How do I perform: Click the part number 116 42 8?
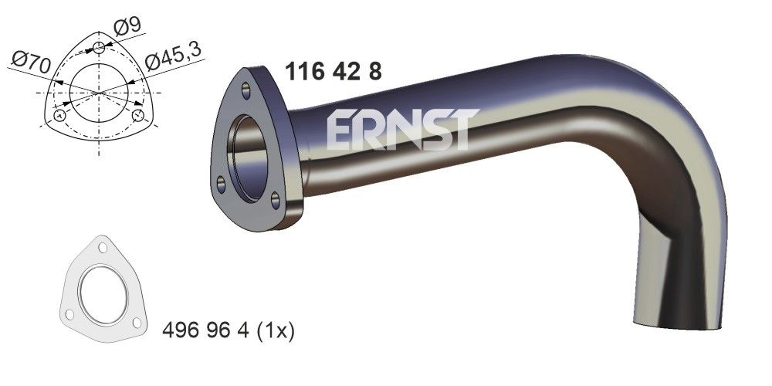(333, 72)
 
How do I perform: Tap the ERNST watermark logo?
(398, 129)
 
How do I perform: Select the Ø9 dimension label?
(127, 25)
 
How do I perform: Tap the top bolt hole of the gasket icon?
(102, 249)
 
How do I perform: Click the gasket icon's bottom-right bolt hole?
(137, 322)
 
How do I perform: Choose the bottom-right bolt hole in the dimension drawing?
(138, 116)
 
